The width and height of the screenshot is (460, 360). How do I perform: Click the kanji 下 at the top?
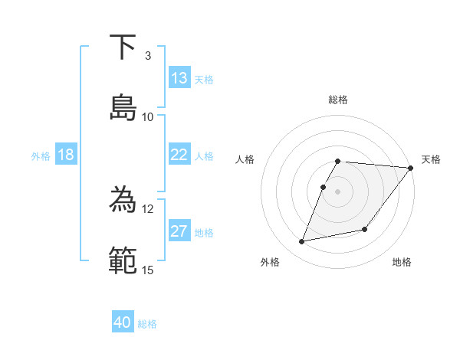point(123,47)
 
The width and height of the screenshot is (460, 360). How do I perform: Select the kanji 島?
point(123,108)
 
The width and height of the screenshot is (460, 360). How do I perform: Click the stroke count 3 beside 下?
point(147,56)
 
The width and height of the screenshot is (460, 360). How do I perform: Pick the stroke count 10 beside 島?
point(148,116)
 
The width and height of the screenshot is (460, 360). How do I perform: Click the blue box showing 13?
point(179,78)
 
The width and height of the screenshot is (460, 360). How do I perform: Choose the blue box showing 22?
point(179,155)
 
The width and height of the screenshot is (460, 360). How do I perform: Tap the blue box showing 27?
point(179,231)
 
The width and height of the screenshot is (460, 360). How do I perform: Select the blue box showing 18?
point(66,155)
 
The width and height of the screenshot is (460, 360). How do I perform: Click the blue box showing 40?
point(123,322)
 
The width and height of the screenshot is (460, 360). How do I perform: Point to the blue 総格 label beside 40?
point(147,324)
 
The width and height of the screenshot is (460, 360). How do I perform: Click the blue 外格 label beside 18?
point(41,156)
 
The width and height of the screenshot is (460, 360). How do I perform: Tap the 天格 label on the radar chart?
point(431,159)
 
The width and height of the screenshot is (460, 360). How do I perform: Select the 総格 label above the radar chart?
point(338,100)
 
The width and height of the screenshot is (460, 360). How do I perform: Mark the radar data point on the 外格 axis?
point(302,242)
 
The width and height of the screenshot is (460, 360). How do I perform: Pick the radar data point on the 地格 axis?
point(365,229)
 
